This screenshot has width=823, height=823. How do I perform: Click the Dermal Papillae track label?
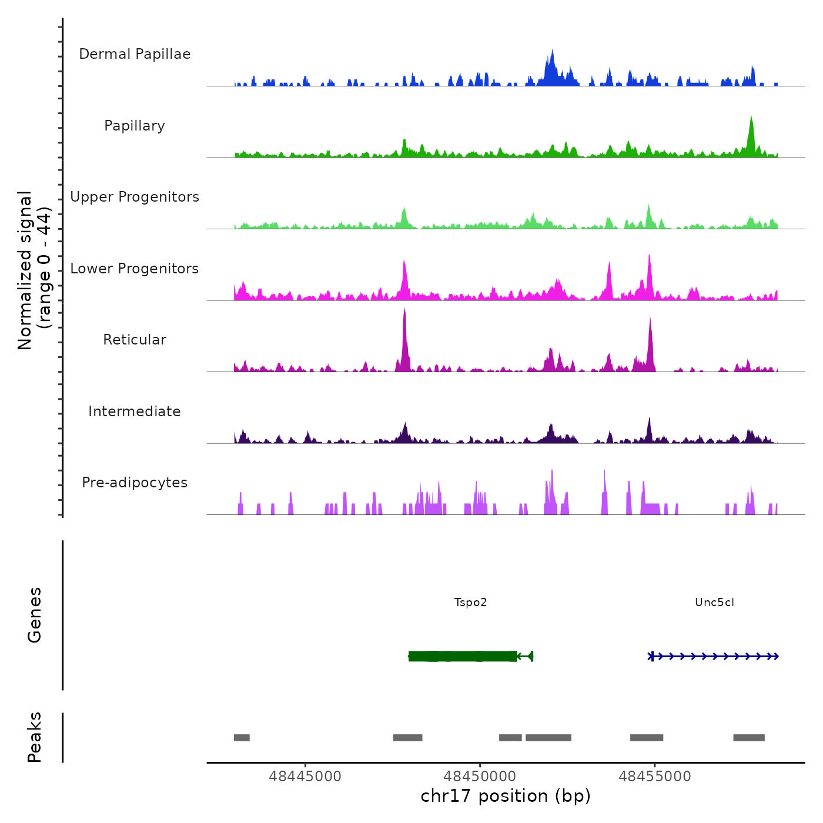click(135, 54)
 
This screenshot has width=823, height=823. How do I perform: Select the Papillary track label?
click(135, 126)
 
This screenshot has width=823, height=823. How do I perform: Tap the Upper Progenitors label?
click(135, 197)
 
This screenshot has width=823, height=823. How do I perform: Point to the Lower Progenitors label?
click(135, 269)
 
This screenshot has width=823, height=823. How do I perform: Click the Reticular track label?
click(135, 340)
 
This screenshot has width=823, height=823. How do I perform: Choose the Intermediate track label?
click(135, 411)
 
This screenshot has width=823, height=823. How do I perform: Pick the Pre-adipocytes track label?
click(135, 483)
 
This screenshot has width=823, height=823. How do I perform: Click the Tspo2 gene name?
click(471, 603)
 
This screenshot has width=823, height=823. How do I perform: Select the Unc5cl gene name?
click(714, 603)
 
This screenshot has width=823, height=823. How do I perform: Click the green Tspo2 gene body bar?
click(463, 656)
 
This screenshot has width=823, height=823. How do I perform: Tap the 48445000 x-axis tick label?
click(305, 777)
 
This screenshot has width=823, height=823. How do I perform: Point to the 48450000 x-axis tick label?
click(480, 777)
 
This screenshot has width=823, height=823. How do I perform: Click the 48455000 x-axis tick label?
click(655, 777)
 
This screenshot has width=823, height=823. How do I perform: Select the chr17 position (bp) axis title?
click(506, 797)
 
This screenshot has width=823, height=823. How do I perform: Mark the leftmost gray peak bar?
click(242, 738)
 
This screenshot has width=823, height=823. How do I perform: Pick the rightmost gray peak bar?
click(749, 738)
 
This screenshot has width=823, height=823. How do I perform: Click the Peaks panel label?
click(34, 737)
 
